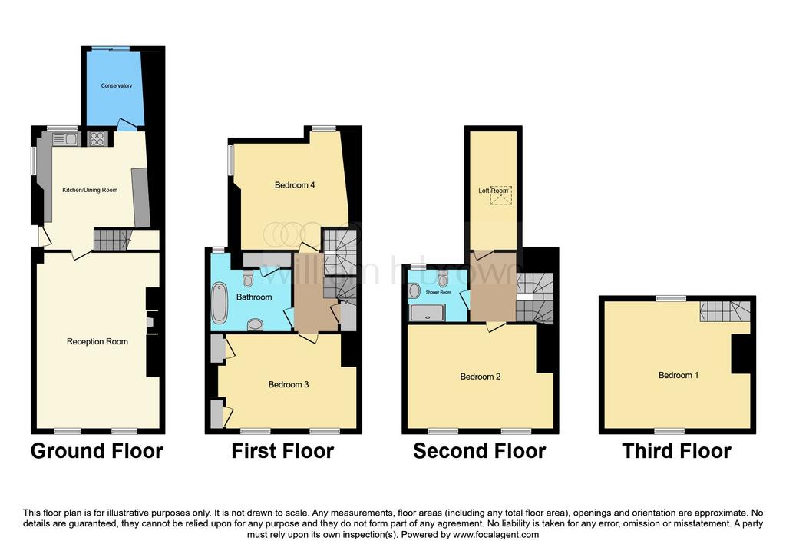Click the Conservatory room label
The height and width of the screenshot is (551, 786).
click(117, 86)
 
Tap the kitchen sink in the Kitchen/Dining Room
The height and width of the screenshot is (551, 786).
click(64, 138)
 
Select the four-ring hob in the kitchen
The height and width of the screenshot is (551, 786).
click(96, 138)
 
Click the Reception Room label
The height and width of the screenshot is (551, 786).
click(97, 342)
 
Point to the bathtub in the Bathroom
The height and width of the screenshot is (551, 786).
click(220, 303)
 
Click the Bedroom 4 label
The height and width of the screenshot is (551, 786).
click(295, 185)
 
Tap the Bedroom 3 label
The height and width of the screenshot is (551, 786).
click(289, 385)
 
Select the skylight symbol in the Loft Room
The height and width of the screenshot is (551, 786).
click(500, 196)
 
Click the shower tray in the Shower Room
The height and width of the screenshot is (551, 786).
click(427, 314)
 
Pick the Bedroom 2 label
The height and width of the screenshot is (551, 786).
click(481, 377)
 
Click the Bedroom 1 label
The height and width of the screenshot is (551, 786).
click(679, 375)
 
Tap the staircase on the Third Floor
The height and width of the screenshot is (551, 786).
click(725, 311)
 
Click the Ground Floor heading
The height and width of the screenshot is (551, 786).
click(97, 451)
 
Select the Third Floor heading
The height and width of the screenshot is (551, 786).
click(677, 451)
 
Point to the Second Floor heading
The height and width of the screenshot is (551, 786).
click(479, 451)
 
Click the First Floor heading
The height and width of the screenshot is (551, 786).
click(282, 451)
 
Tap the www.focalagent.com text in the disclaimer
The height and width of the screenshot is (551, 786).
click(496, 535)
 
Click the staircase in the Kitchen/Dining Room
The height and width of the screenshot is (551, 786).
click(112, 239)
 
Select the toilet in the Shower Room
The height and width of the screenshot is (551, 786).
click(442, 277)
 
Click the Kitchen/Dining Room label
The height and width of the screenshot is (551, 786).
click(90, 190)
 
